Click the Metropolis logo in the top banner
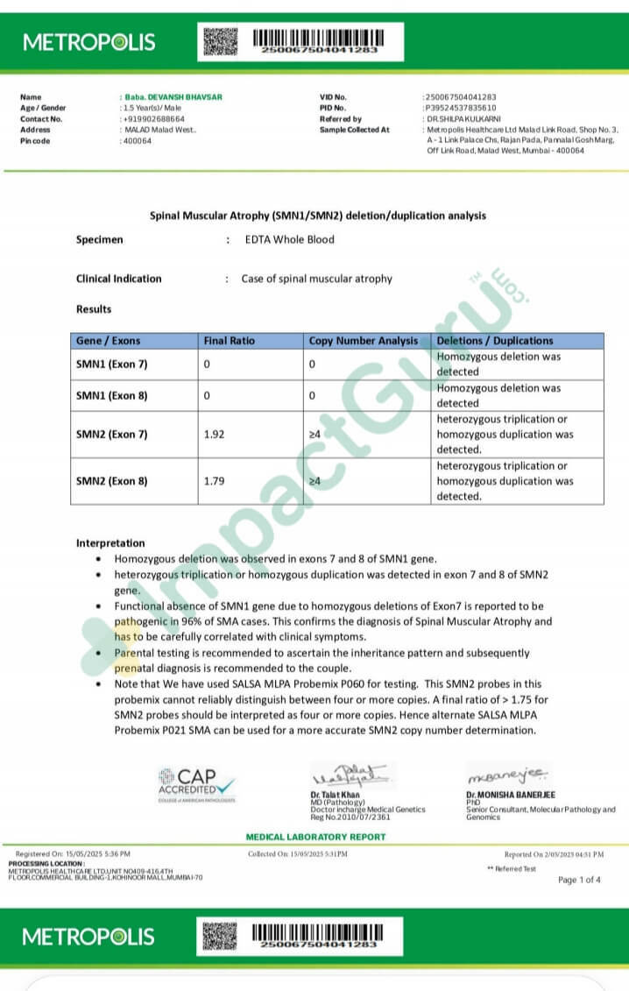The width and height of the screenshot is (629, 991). click(88, 42)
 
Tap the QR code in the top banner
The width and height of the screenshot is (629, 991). click(221, 41)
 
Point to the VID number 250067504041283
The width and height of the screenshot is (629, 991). click(461, 97)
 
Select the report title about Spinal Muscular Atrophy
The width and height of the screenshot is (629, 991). click(318, 216)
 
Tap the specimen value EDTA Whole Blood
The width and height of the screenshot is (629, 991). click(290, 239)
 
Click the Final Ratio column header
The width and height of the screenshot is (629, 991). click(229, 341)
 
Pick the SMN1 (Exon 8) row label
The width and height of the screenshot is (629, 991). click(112, 395)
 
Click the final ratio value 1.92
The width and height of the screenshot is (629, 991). click(214, 434)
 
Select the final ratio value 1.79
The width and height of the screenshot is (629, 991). click(214, 481)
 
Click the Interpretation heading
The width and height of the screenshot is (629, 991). click(110, 543)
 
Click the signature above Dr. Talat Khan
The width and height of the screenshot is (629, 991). click(350, 775)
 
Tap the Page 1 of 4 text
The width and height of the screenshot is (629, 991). click(579, 880)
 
